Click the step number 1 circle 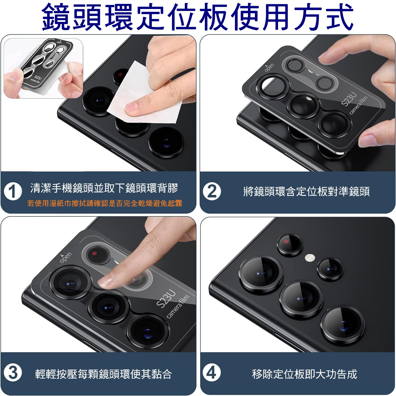click(13, 191)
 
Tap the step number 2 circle click(212, 191)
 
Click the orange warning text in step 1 click(105, 203)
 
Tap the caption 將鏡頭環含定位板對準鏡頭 click(306, 191)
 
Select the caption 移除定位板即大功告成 click(304, 374)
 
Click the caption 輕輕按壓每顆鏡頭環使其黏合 click(103, 374)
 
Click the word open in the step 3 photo click(65, 258)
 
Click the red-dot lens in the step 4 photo click(290, 245)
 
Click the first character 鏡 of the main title click(57, 16)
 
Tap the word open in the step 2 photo click(269, 67)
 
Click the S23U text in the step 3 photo click(166, 299)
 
